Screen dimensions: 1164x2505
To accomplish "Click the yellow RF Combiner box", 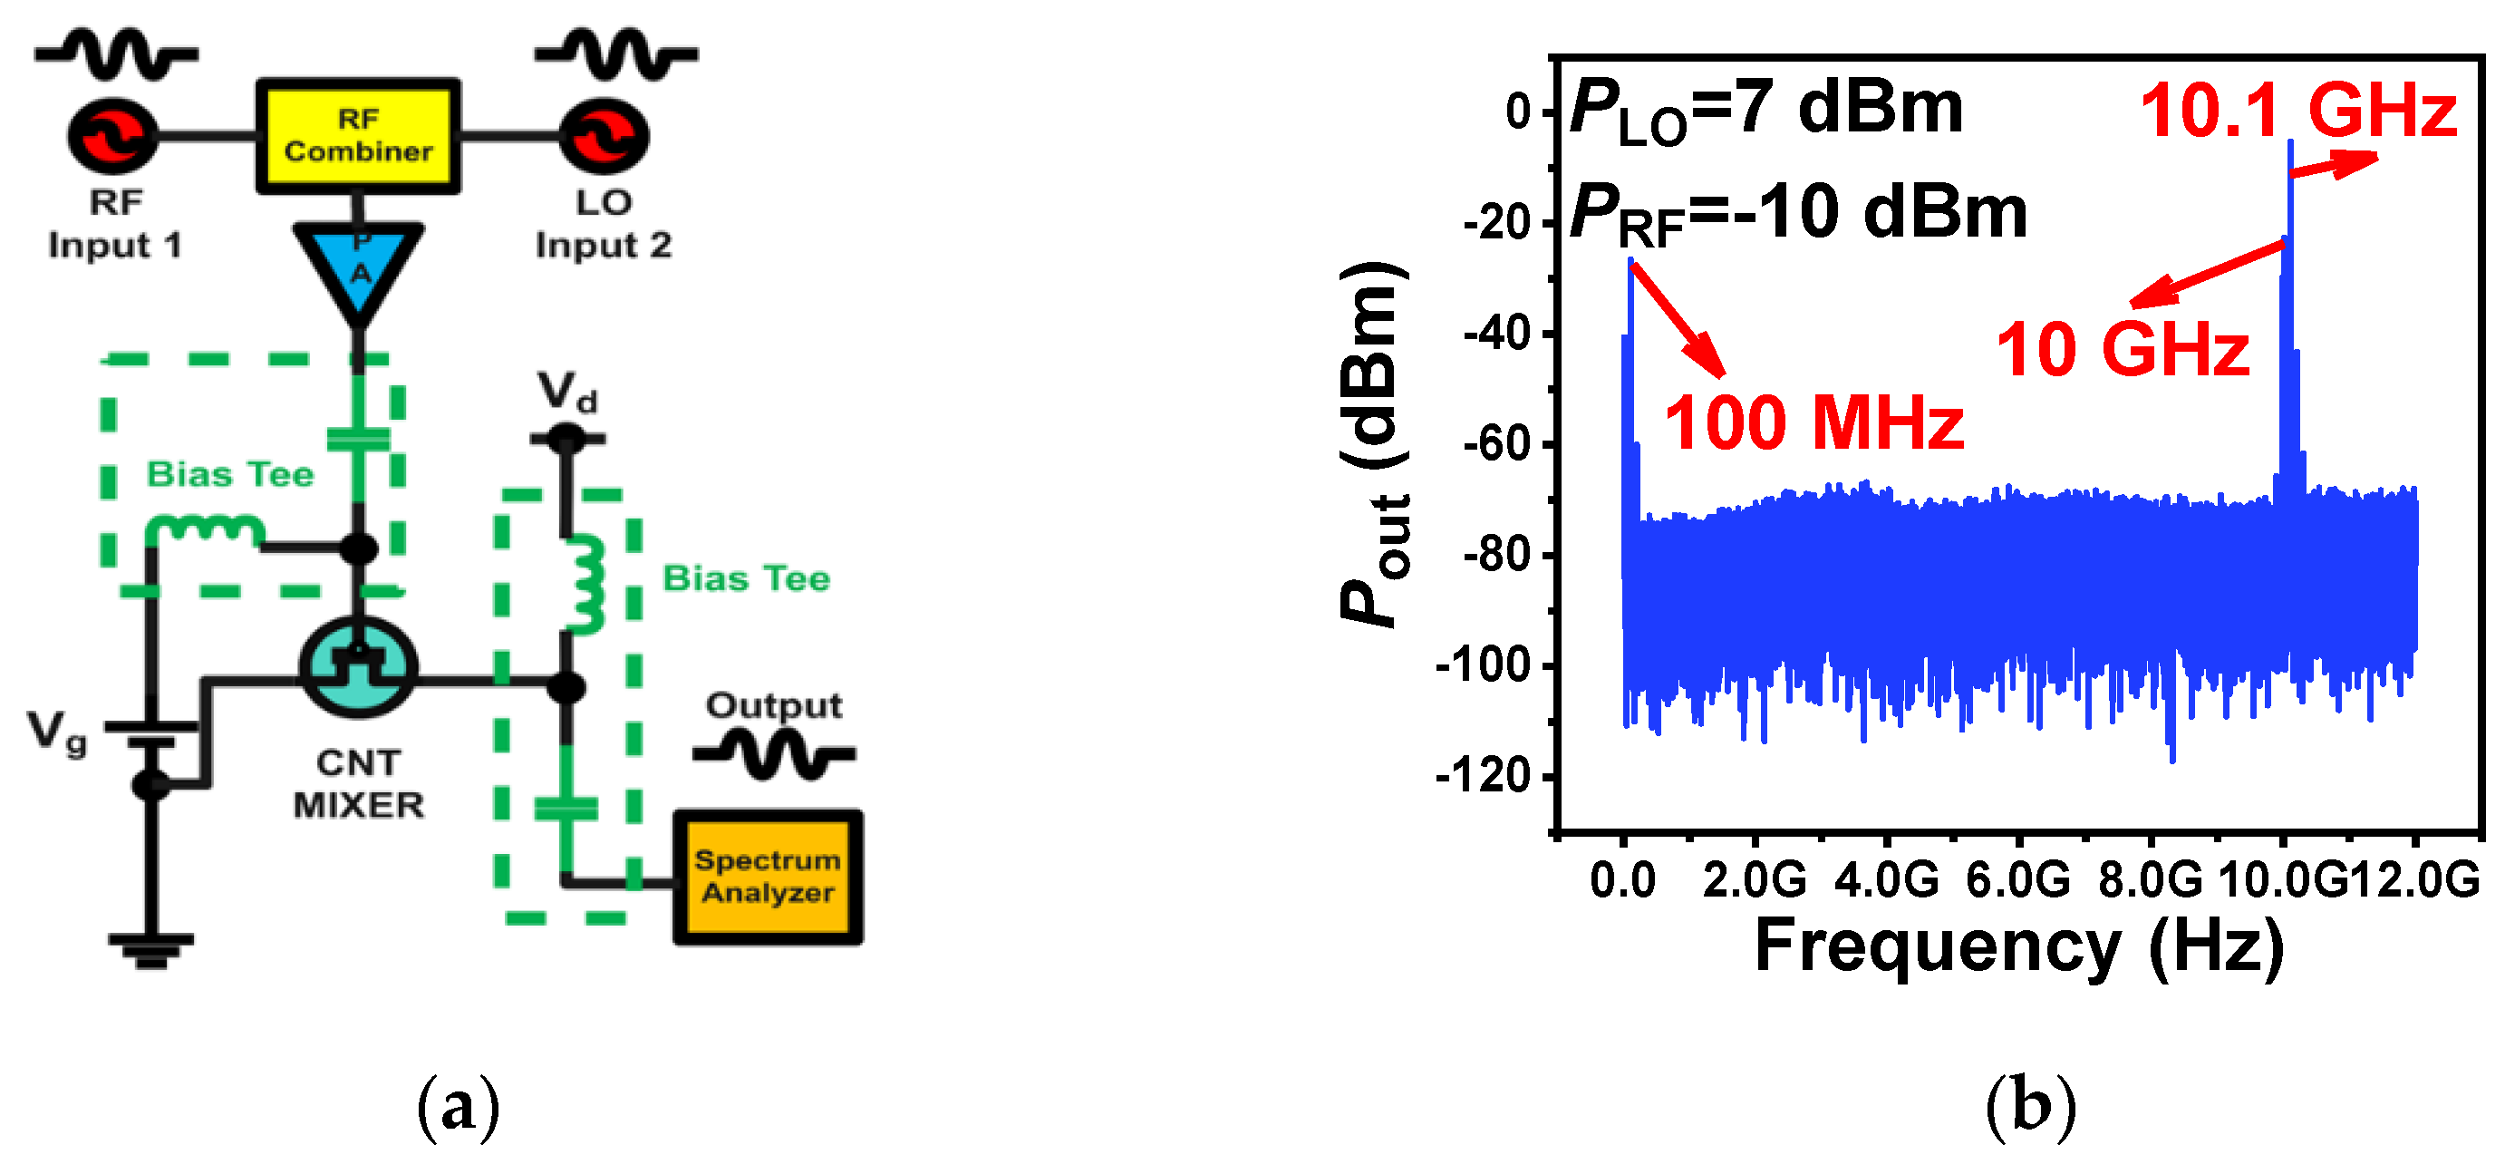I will pos(358,136).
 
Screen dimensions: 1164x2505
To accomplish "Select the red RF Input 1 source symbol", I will pos(112,136).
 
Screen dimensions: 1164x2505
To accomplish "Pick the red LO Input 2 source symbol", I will pos(604,136).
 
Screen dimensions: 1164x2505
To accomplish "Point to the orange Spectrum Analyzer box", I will pos(768,876).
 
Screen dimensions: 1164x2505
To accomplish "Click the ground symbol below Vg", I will pos(150,948).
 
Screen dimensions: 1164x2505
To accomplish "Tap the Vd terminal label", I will pos(568,393).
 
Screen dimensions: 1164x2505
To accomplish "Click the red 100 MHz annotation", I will pos(1813,424).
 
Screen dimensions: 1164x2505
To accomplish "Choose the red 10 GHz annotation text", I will pos(2122,350).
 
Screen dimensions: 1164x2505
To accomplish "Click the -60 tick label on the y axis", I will pos(1495,444).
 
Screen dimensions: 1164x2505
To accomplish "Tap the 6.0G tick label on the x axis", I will pos(2017,880).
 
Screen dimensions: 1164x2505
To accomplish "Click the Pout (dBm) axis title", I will pos(1373,444).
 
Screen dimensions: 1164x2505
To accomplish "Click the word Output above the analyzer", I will pos(774,706).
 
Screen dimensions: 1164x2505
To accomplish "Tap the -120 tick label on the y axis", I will pos(1482,777).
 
